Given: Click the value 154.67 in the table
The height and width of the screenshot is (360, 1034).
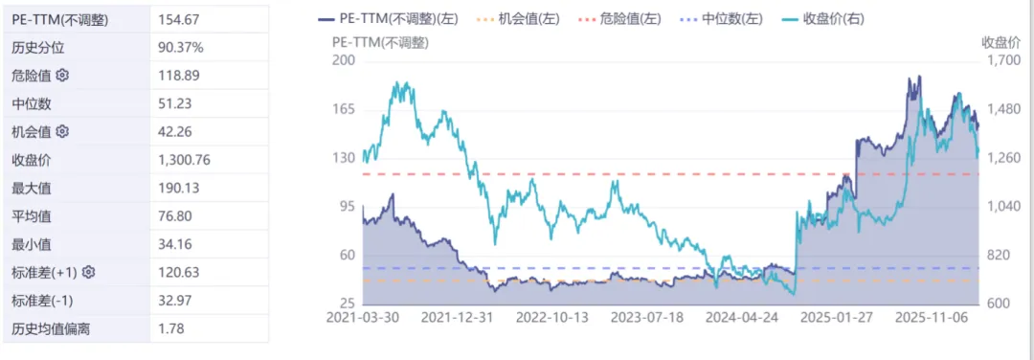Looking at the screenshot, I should pos(178,19).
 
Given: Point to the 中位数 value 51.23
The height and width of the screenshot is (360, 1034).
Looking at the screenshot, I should pos(176,103).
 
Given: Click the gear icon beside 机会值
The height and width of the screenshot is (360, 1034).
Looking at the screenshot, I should pos(63,131).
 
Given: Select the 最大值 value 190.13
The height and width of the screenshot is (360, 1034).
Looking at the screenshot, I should pos(178,188).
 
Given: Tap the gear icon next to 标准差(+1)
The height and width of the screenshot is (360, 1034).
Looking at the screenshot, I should pos(88,273).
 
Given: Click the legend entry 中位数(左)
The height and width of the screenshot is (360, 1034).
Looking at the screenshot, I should pos(727,18).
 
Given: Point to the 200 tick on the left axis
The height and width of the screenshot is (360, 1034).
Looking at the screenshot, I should pos(344,60).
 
